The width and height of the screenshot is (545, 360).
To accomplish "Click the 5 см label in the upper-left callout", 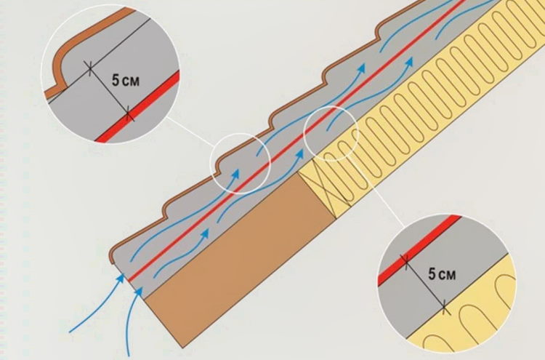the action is coord(126,80).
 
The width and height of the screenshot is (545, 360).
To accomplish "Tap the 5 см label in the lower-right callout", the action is coord(442,274).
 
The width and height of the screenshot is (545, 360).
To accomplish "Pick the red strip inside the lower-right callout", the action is coord(419,249).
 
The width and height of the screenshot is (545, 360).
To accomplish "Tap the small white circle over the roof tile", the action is coord(241,164).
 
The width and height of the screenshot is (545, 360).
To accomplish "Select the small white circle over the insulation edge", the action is coord(331,133).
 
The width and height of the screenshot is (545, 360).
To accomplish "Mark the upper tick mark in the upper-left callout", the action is coord(90,68).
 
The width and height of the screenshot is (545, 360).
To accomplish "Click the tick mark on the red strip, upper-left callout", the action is coord(128,113).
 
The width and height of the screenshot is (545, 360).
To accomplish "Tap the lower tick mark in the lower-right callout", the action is coord(444,308).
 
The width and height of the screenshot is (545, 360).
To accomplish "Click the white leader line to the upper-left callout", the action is coord(189,131).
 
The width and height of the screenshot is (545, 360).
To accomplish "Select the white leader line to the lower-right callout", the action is coord(377,191).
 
